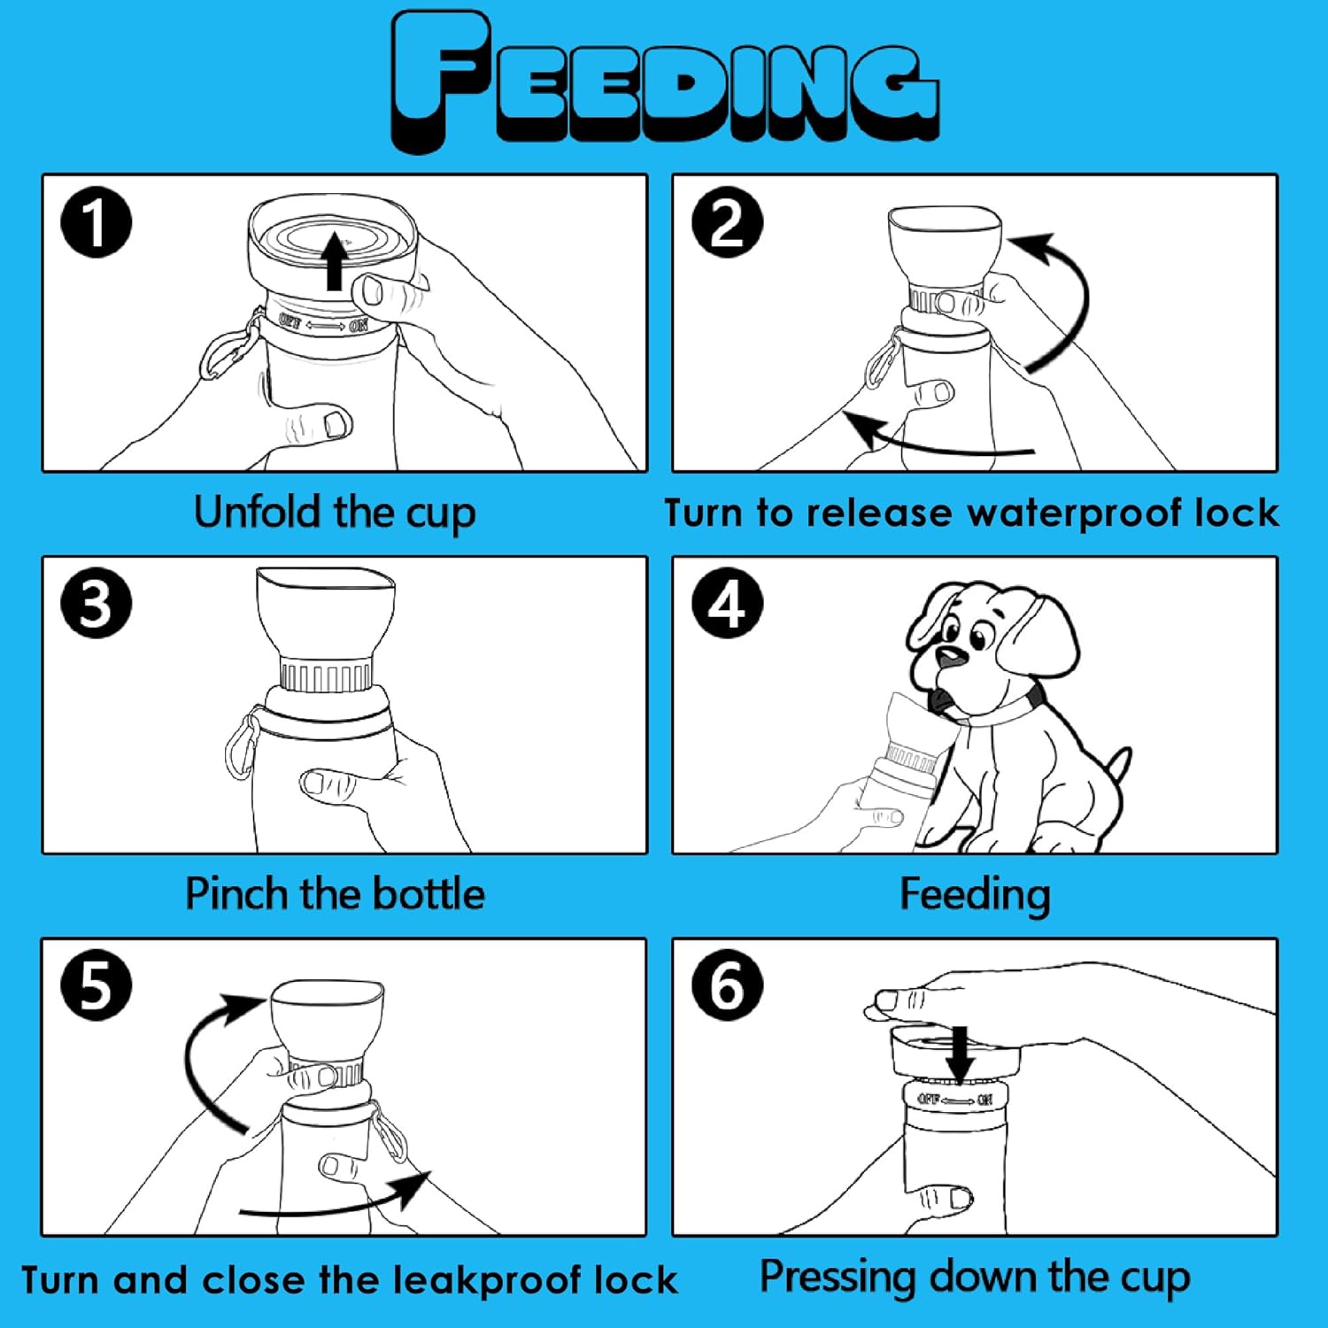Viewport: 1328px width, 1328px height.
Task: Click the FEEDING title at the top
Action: coord(664,80)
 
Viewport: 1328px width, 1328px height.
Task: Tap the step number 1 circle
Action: coord(96,222)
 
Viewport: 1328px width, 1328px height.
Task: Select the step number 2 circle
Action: coord(727,222)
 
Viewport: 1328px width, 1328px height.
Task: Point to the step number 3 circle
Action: coord(96,604)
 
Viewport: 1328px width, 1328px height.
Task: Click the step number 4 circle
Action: coord(727,604)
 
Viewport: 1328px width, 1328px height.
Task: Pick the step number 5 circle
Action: coord(96,985)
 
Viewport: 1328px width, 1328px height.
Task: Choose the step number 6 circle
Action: coord(727,985)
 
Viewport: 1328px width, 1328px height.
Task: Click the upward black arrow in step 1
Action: coord(334,261)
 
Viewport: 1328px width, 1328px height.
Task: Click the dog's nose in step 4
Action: coord(952,657)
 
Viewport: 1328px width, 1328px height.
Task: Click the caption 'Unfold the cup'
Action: coord(335,513)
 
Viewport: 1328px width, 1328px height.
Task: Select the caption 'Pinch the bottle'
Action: coord(335,894)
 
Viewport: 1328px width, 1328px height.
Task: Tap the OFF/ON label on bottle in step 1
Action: coord(323,324)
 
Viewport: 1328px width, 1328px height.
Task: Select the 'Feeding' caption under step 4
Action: coord(975,895)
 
